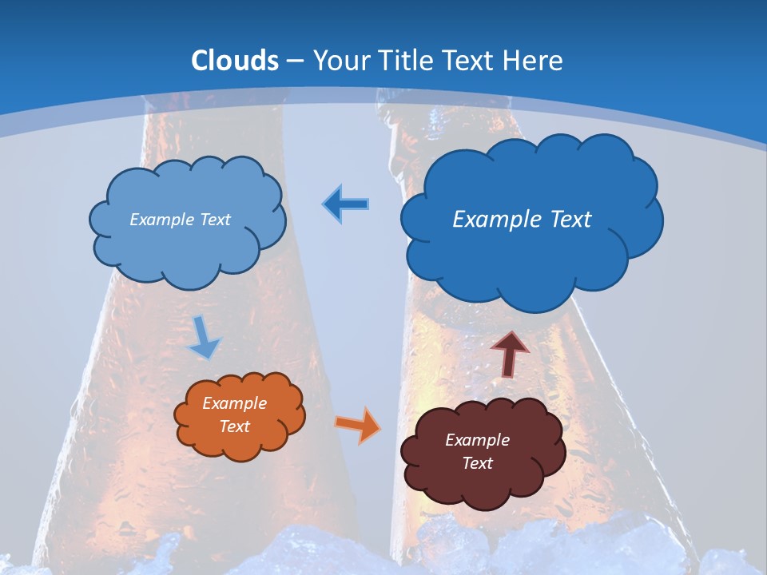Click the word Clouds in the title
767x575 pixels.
pos(235,60)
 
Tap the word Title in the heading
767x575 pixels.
pos(407,60)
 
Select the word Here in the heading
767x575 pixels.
pos(535,60)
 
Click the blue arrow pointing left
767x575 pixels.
pos(346,204)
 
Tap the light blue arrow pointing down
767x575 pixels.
pos(204,337)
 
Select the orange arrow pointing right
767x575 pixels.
pos(358,424)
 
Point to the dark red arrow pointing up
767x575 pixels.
pos(509,353)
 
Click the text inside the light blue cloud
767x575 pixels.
pos(180,220)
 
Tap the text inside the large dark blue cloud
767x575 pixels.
pos(522,220)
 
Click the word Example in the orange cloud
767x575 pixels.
pos(234,403)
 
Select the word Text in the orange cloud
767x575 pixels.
pos(234,426)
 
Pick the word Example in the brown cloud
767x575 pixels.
pos(477,440)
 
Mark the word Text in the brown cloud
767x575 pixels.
pos(477,463)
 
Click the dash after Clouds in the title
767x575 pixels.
pos(295,61)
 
